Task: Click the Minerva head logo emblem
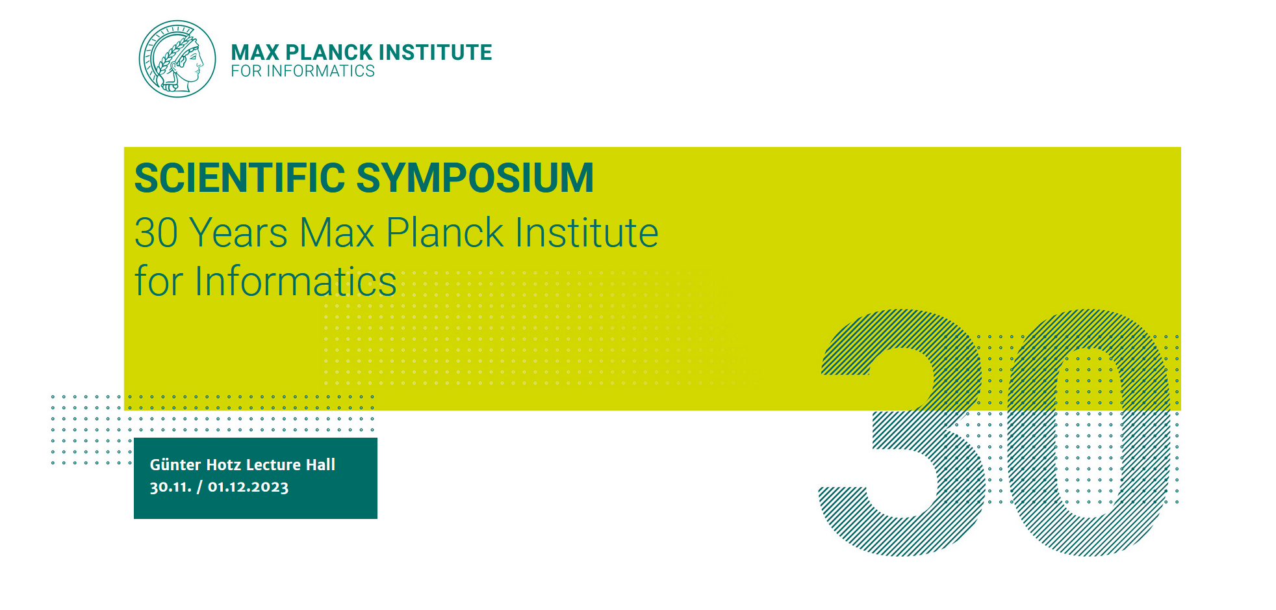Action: [x=177, y=59]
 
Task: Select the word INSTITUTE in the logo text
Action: [x=435, y=52]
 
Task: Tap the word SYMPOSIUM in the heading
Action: [x=476, y=178]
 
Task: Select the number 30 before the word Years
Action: [x=156, y=232]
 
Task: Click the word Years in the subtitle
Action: [x=238, y=232]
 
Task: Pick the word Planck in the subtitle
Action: [x=445, y=232]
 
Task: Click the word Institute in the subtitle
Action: [x=587, y=232]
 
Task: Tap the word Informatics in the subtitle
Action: [x=296, y=281]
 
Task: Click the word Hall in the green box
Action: [x=320, y=464]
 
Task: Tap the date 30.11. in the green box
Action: [x=171, y=487]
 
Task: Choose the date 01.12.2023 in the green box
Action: [x=248, y=487]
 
